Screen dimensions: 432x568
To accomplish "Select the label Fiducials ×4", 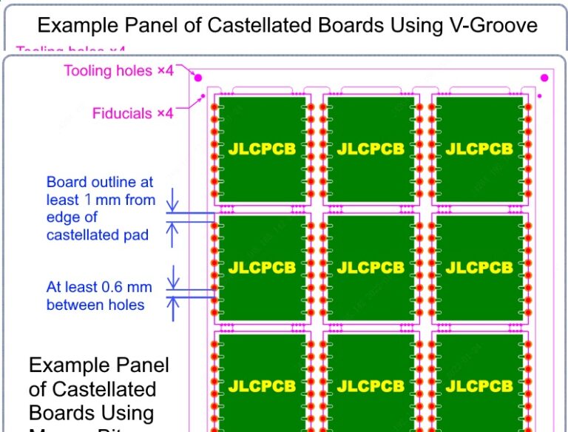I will click(132, 113).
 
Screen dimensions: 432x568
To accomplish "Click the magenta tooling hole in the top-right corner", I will click(545, 78).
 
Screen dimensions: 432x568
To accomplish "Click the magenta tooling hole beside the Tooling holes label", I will click(197, 76).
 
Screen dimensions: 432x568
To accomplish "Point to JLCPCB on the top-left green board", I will click(262, 149).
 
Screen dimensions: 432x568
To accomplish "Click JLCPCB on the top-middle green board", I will click(371, 149).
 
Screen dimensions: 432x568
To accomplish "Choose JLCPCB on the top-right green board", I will click(479, 149).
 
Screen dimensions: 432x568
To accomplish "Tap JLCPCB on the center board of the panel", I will click(371, 268).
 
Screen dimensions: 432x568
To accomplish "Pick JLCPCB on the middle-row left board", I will click(262, 268).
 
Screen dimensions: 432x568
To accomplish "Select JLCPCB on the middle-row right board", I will click(479, 268).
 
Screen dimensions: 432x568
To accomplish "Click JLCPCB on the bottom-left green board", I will click(262, 385).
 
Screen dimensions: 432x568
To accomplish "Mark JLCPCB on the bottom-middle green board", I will click(371, 385).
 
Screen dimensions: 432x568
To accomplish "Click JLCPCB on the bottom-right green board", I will click(479, 385).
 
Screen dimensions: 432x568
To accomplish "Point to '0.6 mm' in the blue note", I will click(134, 287).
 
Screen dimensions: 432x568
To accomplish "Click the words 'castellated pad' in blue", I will click(97, 235).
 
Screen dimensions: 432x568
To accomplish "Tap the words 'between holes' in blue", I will click(95, 305).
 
